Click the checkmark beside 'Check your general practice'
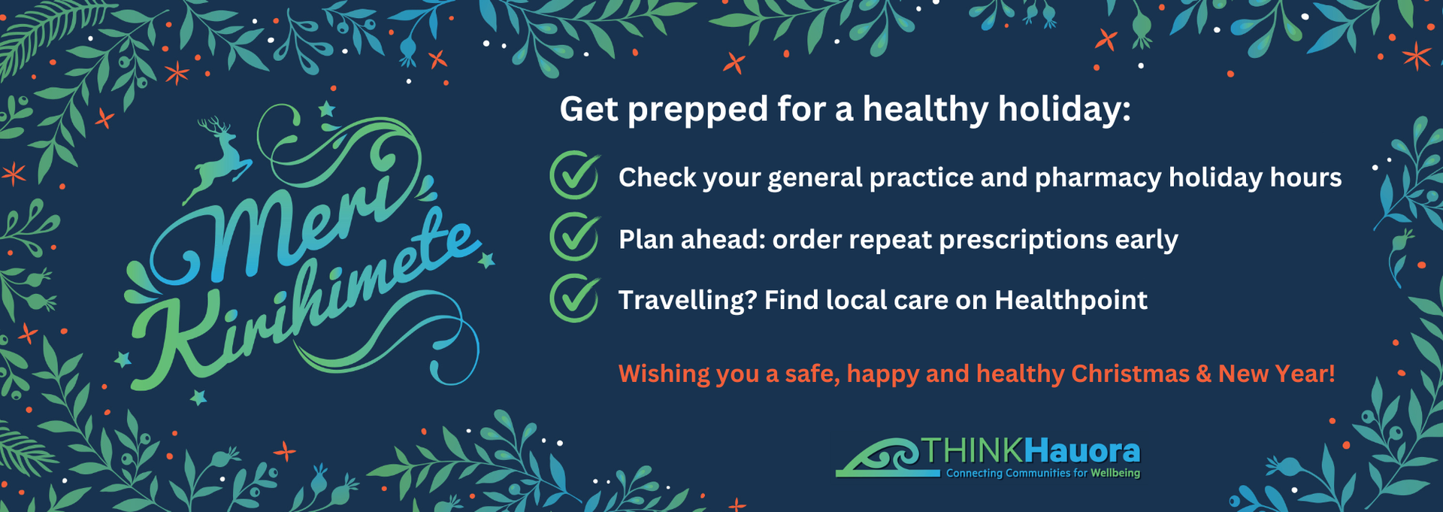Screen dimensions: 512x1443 [575, 176]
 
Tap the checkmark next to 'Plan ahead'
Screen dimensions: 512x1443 [575, 237]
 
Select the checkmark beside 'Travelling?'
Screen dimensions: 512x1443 [575, 298]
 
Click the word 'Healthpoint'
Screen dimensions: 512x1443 [1071, 300]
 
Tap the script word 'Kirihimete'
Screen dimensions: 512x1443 [301, 308]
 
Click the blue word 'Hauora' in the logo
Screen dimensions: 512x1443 [1082, 451]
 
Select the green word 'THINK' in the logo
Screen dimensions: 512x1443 [973, 451]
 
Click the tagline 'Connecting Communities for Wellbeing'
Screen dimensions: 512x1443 [1042, 473]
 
